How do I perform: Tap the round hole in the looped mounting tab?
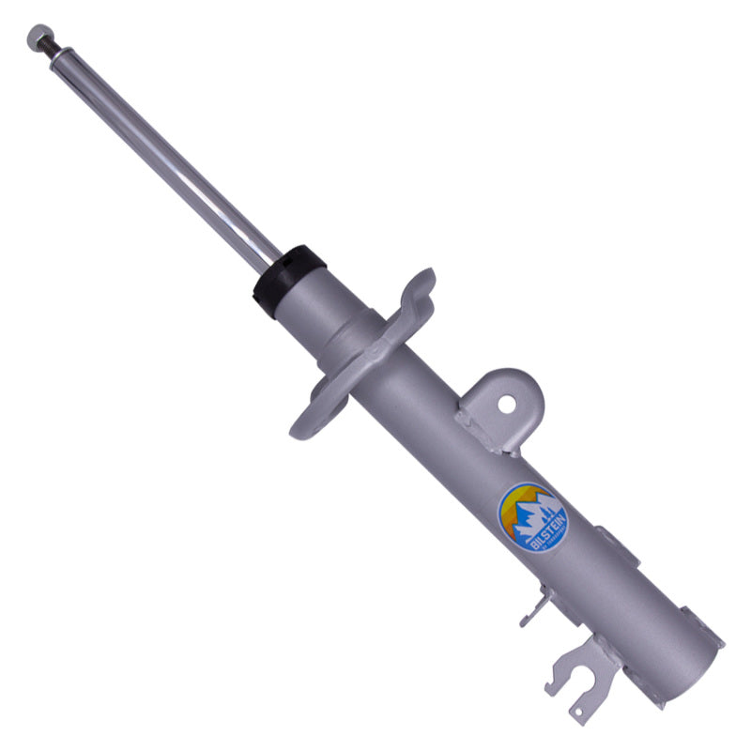click(x=507, y=405)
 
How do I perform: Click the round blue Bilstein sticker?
click(x=531, y=517)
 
